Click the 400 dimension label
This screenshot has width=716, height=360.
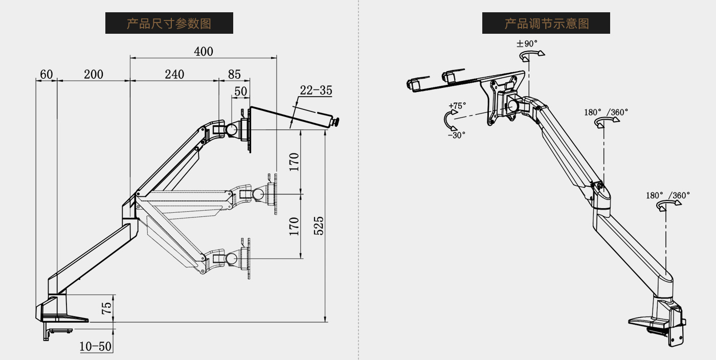[204, 51]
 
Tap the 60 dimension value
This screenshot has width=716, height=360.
[46, 74]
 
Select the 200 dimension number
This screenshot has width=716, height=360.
[94, 74]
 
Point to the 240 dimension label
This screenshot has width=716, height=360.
[174, 74]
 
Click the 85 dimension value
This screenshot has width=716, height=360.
[234, 74]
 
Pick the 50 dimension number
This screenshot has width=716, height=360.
[240, 92]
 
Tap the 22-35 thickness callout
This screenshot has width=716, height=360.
[316, 91]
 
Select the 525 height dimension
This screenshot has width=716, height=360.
[318, 226]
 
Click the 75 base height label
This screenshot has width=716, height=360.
[106, 308]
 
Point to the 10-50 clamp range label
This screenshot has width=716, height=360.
[96, 346]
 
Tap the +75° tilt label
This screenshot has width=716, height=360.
[457, 106]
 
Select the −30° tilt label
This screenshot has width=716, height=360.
[456, 136]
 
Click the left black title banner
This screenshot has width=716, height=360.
[169, 23]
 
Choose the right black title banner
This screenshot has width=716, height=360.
[546, 23]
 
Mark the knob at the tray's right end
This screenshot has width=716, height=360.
[337, 122]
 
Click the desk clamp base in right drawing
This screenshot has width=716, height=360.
[660, 320]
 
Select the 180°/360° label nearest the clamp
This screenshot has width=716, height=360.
[667, 195]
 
